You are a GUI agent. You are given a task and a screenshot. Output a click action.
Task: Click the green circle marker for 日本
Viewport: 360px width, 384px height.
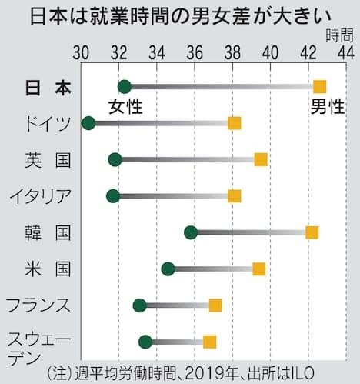pyautogui.click(x=125, y=86)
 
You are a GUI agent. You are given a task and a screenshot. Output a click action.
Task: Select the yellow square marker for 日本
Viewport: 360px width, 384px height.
pyautogui.click(x=319, y=86)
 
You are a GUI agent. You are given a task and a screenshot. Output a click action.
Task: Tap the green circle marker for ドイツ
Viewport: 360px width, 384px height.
pyautogui.click(x=88, y=122)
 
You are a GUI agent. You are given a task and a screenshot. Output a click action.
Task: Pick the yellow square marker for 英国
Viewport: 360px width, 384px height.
pyautogui.click(x=261, y=159)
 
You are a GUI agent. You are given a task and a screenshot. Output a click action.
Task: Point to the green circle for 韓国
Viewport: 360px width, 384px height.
pyautogui.click(x=191, y=232)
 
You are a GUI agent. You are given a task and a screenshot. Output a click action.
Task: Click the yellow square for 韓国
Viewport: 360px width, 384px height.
pyautogui.click(x=312, y=232)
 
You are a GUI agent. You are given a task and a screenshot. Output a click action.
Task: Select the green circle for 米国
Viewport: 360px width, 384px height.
pyautogui.click(x=168, y=269)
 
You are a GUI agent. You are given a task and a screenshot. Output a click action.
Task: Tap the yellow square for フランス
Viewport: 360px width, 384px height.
pyautogui.click(x=215, y=306)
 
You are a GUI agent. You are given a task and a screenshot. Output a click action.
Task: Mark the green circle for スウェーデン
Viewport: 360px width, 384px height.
pyautogui.click(x=145, y=342)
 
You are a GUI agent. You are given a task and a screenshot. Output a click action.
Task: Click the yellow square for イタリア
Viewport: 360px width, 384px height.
pyautogui.click(x=235, y=195)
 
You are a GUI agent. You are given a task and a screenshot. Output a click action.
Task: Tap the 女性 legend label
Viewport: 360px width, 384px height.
pyautogui.click(x=125, y=105)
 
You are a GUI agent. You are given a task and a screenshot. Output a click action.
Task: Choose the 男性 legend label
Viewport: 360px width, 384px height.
pyautogui.click(x=327, y=105)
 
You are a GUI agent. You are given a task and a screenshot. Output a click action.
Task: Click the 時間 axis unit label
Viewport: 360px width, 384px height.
pyautogui.click(x=339, y=34)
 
